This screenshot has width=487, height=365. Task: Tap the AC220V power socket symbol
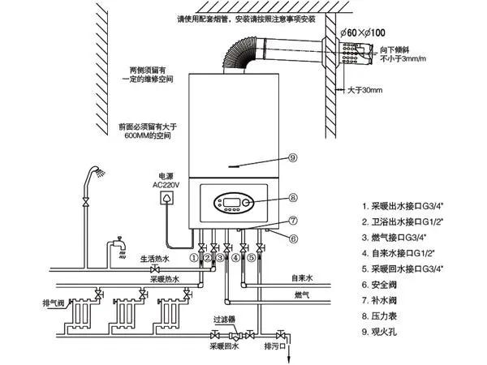tap(169, 197)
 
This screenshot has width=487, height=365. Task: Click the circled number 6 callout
tap(293, 238)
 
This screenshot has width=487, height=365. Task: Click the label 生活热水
tap(153, 259)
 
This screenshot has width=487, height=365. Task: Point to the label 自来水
tap(302, 278)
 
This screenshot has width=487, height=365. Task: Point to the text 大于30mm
tap(365, 89)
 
